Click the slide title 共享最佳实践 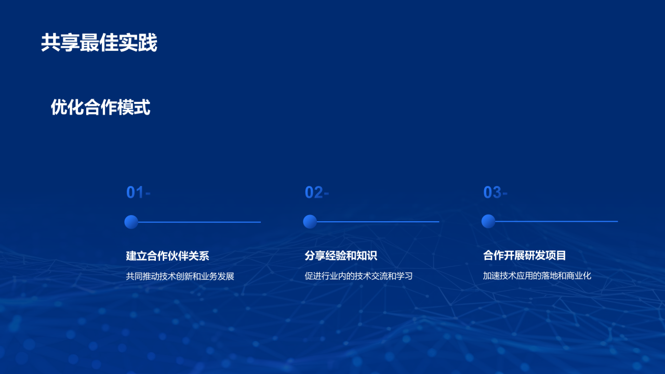[99, 44]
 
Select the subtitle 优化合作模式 [100, 108]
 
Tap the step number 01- [138, 193]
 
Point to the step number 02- [317, 193]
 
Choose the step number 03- [495, 193]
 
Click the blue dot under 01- [131, 222]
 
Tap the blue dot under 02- [310, 222]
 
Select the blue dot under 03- [488, 221]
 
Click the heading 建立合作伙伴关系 [167, 256]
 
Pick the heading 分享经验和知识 [341, 256]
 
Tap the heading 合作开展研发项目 [525, 255]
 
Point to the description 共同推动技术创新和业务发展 [180, 276]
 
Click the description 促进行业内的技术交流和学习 [358, 276]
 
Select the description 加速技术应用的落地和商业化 [537, 276]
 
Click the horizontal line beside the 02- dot [378, 222]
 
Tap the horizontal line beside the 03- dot [557, 221]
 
